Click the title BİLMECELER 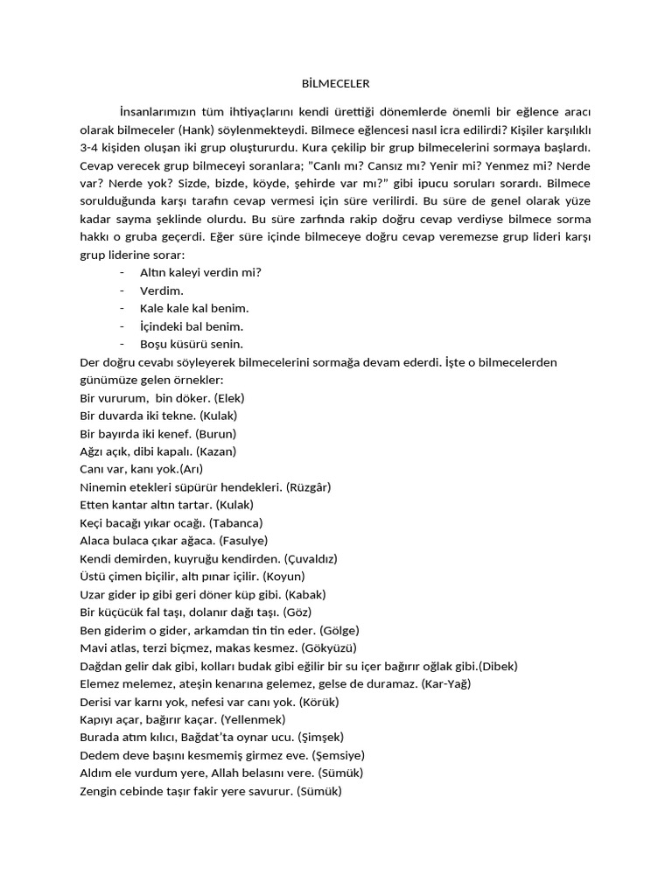point(335,84)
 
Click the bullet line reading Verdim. point(162,290)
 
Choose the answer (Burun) point(216,433)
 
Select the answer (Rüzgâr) point(308,487)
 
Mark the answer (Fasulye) point(243,541)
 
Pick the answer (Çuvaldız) point(311,559)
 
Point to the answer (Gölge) point(339,630)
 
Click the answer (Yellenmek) point(251,720)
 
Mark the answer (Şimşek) point(321,738)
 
